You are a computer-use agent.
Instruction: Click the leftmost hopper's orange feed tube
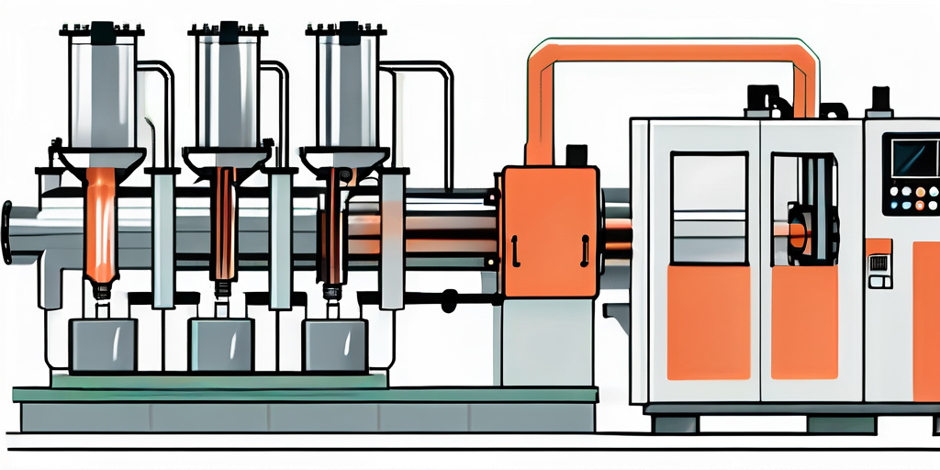[x=99, y=225]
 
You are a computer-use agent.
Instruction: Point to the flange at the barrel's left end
[x=8, y=232]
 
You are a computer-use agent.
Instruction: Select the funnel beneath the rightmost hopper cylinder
[x=345, y=161]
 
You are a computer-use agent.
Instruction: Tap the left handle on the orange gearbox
[x=515, y=248]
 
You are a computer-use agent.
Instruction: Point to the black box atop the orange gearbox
[x=577, y=155]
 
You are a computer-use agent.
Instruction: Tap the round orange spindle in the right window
[x=797, y=235]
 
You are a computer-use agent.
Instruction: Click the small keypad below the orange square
[x=879, y=272]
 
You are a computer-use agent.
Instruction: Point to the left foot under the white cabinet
[x=676, y=424]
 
